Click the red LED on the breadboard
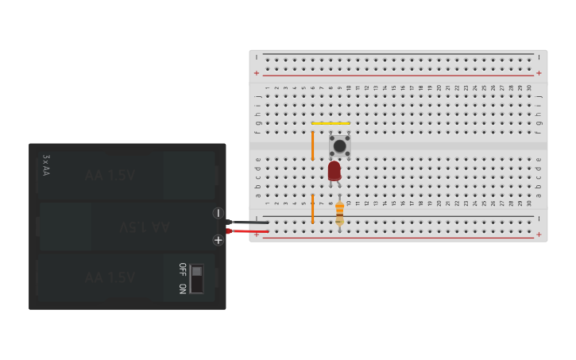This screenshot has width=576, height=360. (334, 171)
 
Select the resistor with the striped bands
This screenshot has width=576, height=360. (339, 211)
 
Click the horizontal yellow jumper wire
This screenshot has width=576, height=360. (331, 123)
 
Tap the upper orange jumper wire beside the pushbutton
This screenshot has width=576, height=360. (312, 144)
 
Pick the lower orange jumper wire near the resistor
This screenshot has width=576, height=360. (312, 208)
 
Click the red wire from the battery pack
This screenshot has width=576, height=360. (248, 231)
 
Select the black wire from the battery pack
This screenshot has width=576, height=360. (248, 223)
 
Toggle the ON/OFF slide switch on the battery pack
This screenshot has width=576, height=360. (196, 278)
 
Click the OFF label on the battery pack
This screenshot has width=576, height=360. (182, 269)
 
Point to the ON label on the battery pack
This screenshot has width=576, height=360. (182, 288)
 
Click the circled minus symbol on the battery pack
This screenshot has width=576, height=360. (218, 213)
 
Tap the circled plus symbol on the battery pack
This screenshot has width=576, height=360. (218, 240)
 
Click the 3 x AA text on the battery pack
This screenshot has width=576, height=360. (46, 165)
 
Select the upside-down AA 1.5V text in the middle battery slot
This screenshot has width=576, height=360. (145, 227)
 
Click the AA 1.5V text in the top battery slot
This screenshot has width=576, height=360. (110, 175)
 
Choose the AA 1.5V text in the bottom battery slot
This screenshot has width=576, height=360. (110, 277)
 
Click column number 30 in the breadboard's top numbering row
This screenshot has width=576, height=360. (529, 87)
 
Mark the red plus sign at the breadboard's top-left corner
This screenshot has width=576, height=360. (256, 73)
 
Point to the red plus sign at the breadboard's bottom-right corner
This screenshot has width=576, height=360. (539, 234)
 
